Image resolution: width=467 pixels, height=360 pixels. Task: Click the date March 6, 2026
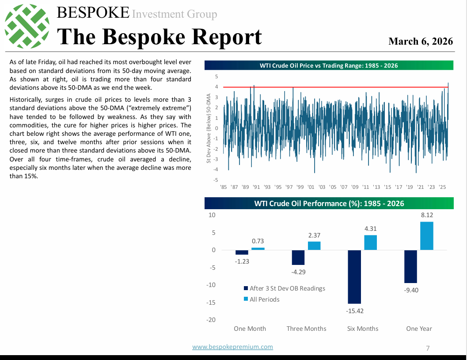pyautogui.click(x=421, y=41)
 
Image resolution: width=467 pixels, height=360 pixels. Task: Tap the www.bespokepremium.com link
pyautogui.click(x=232, y=347)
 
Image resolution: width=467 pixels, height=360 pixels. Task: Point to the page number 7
pyautogui.click(x=428, y=348)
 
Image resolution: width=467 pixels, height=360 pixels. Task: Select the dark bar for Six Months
pyautogui.click(x=354, y=276)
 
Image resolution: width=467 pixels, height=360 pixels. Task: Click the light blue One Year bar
pyautogui.click(x=427, y=236)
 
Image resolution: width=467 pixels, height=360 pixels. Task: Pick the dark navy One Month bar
pyautogui.click(x=242, y=252)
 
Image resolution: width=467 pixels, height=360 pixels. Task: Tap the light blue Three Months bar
pyautogui.click(x=314, y=245)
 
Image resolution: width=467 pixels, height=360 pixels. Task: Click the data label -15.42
pyautogui.click(x=355, y=311)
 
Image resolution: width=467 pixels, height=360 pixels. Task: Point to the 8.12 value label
pyautogui.click(x=427, y=215)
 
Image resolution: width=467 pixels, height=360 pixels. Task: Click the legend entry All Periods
pyautogui.click(x=264, y=299)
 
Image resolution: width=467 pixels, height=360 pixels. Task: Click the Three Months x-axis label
pyautogui.click(x=306, y=329)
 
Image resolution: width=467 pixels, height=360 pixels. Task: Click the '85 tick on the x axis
pyautogui.click(x=223, y=187)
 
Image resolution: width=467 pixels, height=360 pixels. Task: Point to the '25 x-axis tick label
pyautogui.click(x=442, y=187)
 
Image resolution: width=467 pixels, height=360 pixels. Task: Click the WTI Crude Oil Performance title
pyautogui.click(x=329, y=203)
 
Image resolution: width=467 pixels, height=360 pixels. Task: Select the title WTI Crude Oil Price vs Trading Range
pyautogui.click(x=329, y=65)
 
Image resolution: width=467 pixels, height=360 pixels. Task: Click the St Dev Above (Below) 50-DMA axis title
pyautogui.click(x=209, y=128)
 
